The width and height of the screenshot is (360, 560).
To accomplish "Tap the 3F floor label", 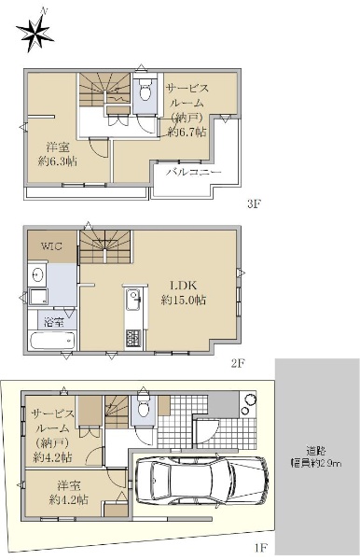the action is tap(255, 203).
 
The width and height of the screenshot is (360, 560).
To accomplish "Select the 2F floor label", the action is tap(238, 363).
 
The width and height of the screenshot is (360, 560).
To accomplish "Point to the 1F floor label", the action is tap(261, 547).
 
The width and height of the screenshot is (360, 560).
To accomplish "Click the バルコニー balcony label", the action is tap(194, 172).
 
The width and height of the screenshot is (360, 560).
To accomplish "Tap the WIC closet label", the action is tap(51, 246).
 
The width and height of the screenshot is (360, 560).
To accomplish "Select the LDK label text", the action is tap(183, 285).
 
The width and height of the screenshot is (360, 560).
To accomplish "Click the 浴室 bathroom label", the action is tap(54, 322).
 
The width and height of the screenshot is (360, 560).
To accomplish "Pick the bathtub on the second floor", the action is tap(53, 341).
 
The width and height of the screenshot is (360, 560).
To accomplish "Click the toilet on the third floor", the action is tap(145, 92).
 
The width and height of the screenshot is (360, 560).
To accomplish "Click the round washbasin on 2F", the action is tap(37, 275).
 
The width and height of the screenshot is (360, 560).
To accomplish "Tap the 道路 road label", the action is tap(316, 451).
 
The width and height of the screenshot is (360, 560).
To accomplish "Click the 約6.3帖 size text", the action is tap(58, 161).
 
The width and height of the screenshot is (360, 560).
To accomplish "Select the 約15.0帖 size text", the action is tap(183, 300).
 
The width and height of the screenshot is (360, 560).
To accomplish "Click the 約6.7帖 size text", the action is tap(187, 133).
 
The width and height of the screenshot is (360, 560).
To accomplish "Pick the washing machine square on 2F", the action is tap(39, 297).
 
